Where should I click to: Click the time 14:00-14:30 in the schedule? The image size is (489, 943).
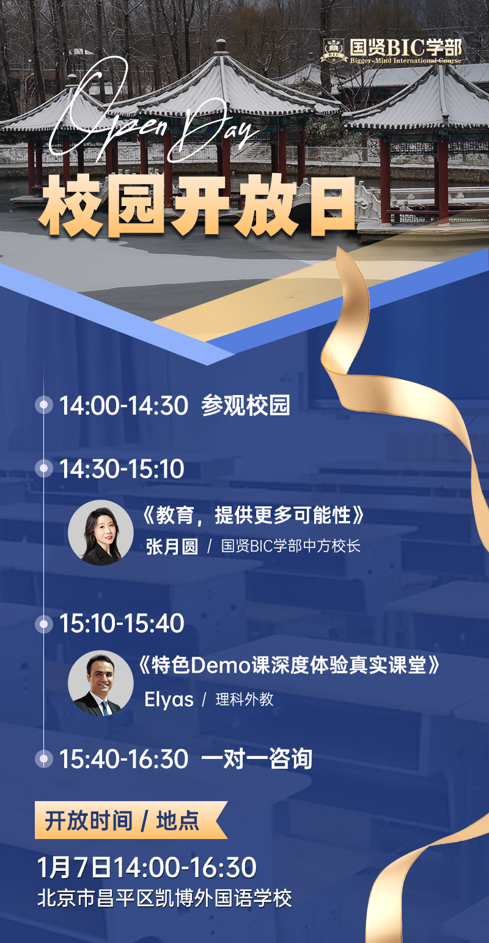[x=123, y=406]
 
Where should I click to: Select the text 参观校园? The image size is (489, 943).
[x=246, y=406]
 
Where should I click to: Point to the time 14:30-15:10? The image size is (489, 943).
[x=122, y=469]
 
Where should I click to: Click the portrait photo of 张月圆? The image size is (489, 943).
[x=100, y=532]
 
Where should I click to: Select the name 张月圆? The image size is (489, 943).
[x=172, y=546]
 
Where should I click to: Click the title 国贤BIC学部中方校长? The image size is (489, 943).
[x=291, y=546]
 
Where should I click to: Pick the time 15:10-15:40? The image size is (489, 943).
[x=122, y=624]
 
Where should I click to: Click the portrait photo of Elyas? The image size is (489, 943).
[x=100, y=682]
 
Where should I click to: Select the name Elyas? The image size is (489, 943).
[x=169, y=700]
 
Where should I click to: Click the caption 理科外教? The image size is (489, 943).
[x=244, y=700]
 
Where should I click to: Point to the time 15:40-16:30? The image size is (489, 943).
[x=123, y=759]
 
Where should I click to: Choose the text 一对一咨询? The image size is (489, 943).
[x=257, y=759]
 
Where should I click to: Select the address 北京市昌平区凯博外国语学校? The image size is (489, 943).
[x=164, y=898]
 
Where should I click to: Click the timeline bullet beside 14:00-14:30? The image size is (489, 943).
[x=43, y=405]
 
